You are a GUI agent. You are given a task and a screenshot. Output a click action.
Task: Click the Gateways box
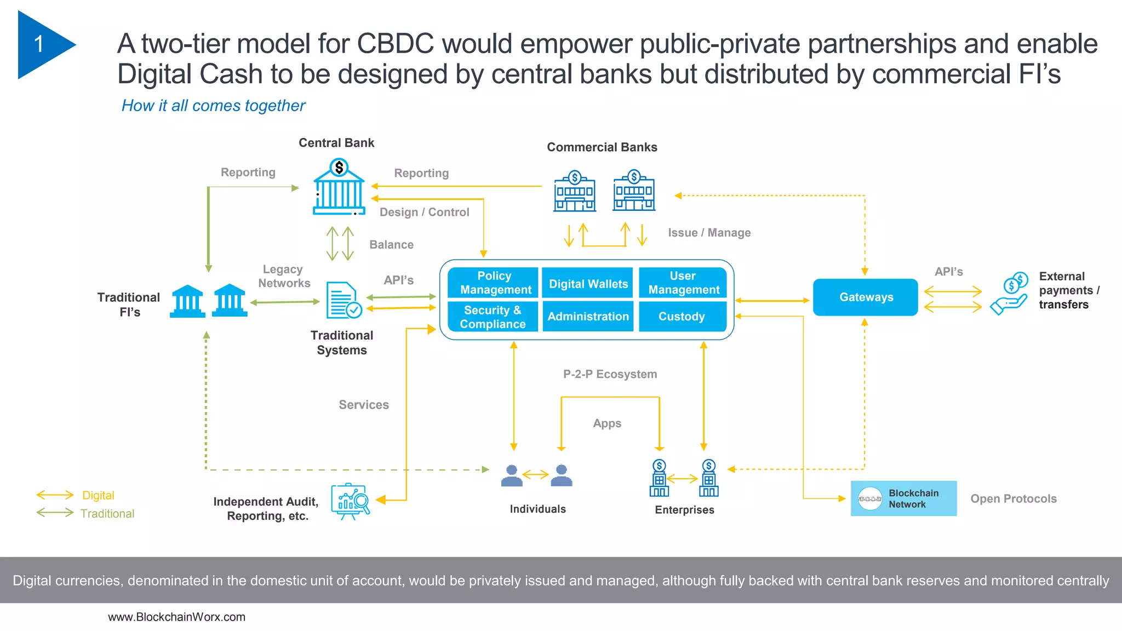[865, 297]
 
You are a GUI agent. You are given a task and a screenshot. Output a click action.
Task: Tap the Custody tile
[682, 317]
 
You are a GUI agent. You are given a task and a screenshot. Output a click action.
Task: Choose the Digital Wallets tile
[588, 284]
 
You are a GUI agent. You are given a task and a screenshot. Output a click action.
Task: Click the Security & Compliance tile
[493, 317]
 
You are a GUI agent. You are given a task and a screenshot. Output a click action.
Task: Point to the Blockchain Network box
[903, 498]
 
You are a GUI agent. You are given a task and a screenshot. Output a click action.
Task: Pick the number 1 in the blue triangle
[39, 44]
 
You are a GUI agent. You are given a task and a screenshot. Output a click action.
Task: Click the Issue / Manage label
[709, 233]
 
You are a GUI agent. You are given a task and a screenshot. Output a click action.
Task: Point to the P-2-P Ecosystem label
[610, 374]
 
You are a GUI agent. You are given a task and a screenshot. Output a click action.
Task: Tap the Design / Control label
[424, 213]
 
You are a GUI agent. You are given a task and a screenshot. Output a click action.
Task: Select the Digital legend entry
[98, 496]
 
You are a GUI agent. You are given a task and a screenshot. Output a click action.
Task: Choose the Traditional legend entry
[107, 514]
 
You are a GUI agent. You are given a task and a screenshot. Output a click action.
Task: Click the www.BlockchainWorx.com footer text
[176, 617]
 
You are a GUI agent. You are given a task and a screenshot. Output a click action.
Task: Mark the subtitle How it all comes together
[213, 106]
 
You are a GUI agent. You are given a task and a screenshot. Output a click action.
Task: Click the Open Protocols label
[1013, 499]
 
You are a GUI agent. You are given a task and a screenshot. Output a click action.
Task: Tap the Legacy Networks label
[284, 276]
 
